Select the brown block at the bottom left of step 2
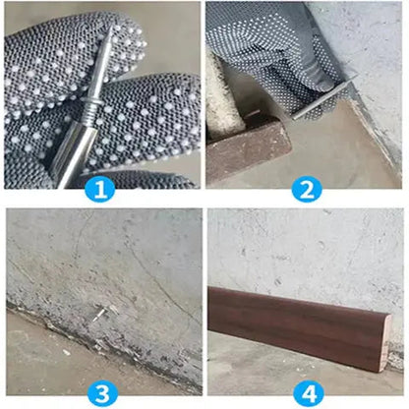[246, 147]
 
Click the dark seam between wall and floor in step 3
[59, 315]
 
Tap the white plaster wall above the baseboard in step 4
[305, 246]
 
